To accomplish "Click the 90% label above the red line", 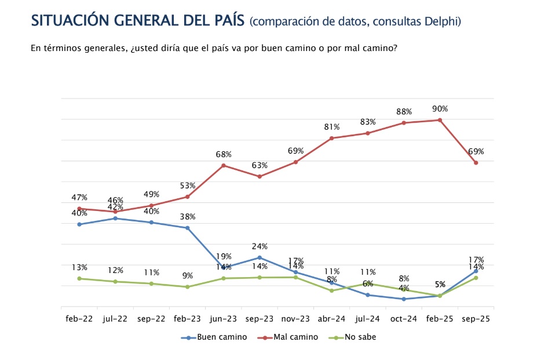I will (x=440, y=109).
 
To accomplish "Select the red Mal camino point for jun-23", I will (x=224, y=165).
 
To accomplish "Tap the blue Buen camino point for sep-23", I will (x=260, y=257).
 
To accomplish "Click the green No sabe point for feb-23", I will (x=188, y=287).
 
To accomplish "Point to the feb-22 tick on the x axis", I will (x=79, y=319).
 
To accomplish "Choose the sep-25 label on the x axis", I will (x=476, y=319).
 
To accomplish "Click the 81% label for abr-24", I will (x=331, y=127).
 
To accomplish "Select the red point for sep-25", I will (x=476, y=163).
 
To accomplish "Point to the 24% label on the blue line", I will (x=260, y=246).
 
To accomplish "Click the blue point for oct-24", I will (x=404, y=299).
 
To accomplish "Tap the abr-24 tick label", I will (x=331, y=319).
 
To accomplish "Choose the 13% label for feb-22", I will (x=79, y=267).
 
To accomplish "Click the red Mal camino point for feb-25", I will (x=440, y=120).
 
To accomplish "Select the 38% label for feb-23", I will (x=188, y=217).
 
